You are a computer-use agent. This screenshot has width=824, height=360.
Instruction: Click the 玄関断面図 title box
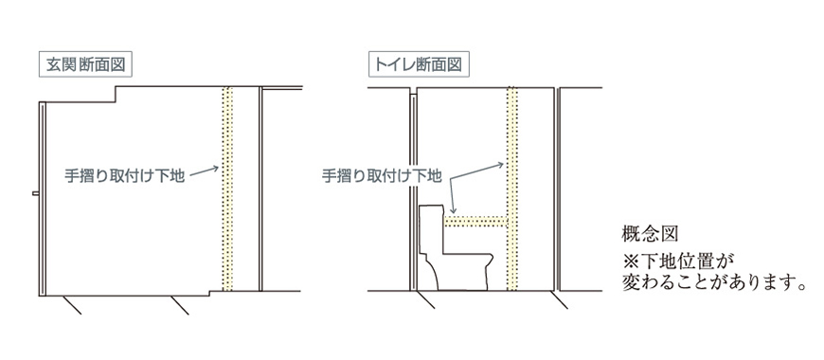[85, 65]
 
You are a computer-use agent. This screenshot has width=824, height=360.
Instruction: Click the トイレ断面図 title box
[419, 65]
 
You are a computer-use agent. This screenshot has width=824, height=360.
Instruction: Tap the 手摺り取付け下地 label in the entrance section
[124, 176]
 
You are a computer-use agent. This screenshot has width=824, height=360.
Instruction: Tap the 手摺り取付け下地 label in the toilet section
[382, 176]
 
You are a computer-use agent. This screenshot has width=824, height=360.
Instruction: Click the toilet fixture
[456, 247]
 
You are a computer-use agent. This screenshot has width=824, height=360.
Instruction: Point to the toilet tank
[432, 227]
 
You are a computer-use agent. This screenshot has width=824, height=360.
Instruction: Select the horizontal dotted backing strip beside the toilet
[475, 222]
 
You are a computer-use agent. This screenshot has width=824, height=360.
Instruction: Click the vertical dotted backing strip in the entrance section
[227, 189]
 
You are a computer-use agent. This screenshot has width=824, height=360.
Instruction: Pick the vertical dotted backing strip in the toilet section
[512, 189]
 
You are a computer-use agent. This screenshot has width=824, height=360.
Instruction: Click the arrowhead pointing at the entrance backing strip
[215, 169]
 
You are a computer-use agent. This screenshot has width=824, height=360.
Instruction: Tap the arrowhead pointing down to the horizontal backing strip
[453, 210]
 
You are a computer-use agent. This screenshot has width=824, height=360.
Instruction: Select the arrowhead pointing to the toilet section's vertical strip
[500, 165]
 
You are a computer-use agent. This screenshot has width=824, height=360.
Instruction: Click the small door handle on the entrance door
[35, 193]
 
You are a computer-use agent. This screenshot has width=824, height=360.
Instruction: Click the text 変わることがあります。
[714, 283]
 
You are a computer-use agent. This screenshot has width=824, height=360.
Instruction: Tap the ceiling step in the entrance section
[116, 95]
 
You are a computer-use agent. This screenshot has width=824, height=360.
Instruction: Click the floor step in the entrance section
[209, 294]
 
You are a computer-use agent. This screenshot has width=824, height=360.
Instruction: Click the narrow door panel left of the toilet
[413, 192]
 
